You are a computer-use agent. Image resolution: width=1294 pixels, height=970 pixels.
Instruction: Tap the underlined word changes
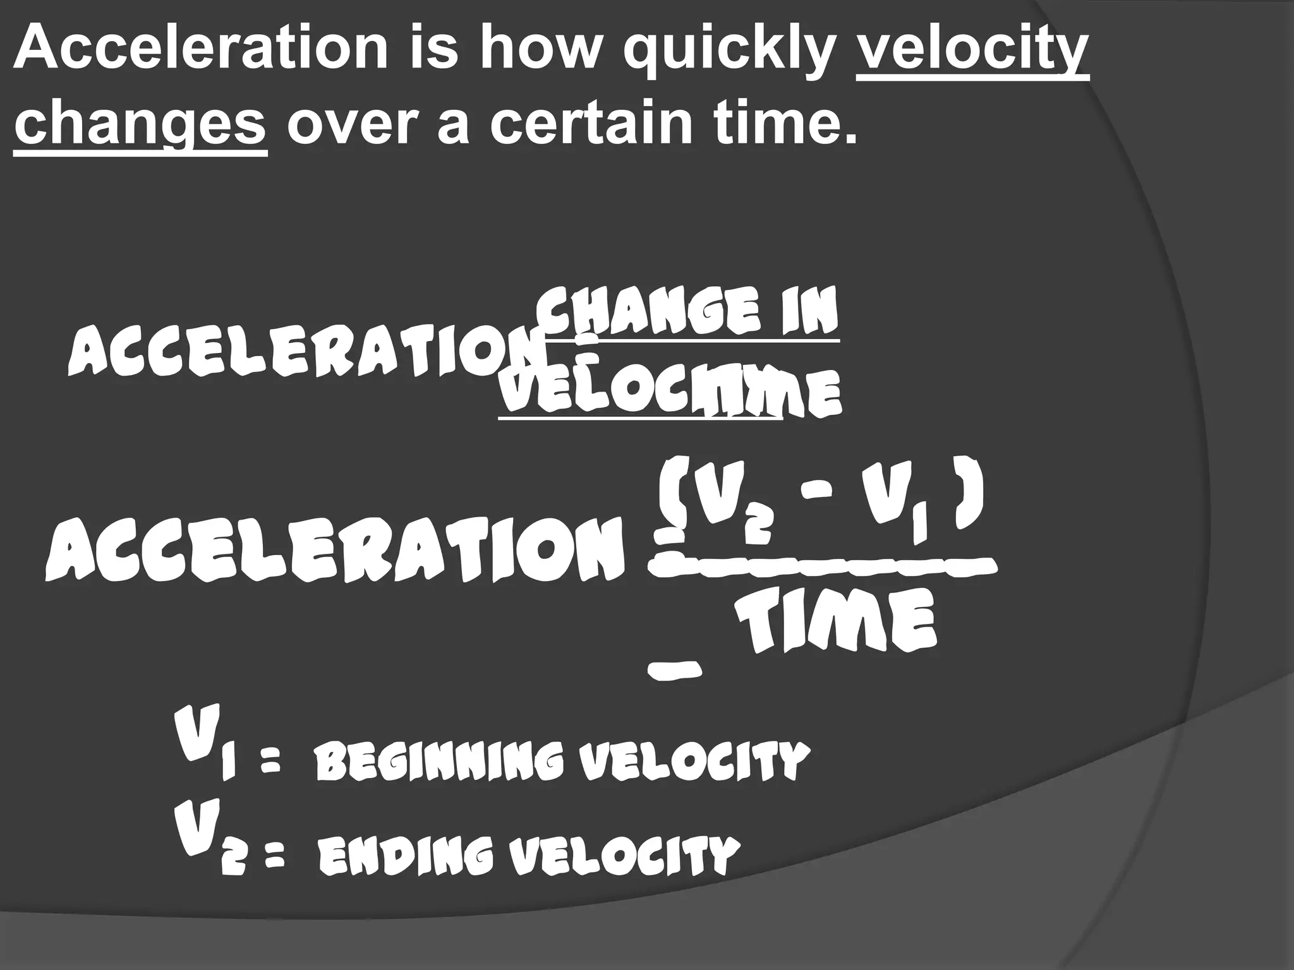(x=140, y=123)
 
